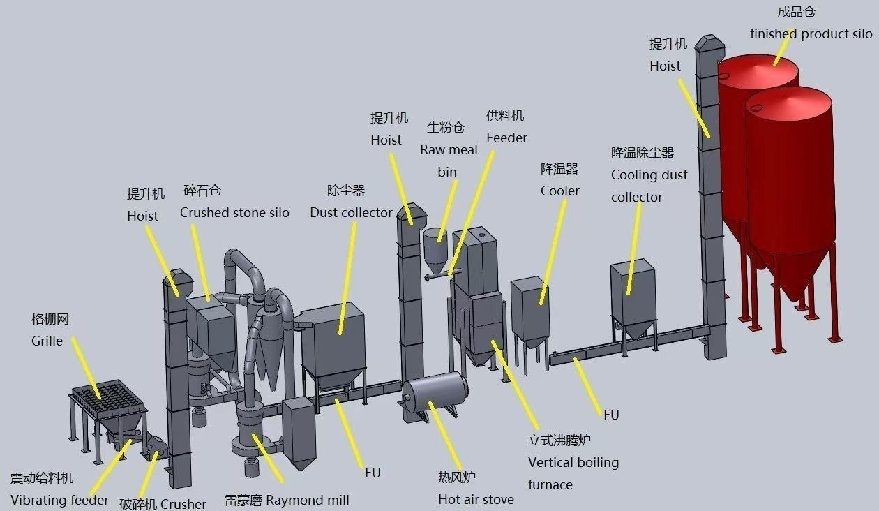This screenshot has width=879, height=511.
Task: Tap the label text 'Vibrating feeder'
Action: click(x=59, y=500)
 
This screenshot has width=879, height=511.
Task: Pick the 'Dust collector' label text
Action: click(x=351, y=212)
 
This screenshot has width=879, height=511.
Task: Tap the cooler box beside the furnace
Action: click(x=530, y=307)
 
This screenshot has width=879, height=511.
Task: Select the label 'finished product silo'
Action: click(x=811, y=34)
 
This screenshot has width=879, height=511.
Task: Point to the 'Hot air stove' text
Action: click(x=476, y=499)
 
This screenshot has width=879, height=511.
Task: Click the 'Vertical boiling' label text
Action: click(x=573, y=462)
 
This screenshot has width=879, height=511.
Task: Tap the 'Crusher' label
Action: click(x=183, y=504)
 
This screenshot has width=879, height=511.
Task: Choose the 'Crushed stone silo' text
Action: click(x=234, y=212)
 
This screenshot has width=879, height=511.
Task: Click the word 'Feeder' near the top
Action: click(x=506, y=138)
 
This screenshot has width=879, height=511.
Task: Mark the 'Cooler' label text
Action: click(x=559, y=191)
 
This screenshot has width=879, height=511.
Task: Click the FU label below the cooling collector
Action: click(x=611, y=415)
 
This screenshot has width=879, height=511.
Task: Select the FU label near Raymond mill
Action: click(x=373, y=473)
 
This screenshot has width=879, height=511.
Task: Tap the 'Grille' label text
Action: click(x=47, y=341)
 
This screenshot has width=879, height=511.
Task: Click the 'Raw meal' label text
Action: click(x=449, y=149)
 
